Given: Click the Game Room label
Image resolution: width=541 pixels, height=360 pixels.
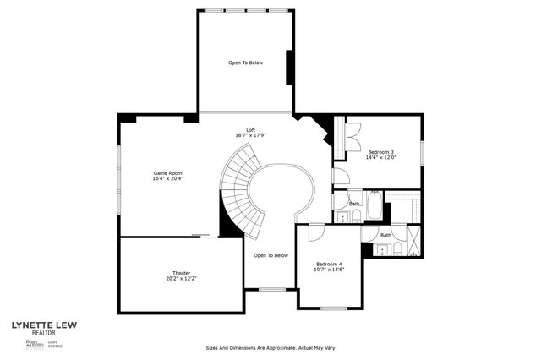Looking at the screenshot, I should [167, 172].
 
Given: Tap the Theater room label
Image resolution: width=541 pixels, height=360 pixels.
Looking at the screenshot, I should [181, 273].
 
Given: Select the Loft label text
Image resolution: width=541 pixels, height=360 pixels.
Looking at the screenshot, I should [250, 130].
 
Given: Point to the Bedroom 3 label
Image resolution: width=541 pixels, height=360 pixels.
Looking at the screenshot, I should [380, 152].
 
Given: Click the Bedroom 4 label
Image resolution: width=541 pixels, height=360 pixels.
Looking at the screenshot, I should [329, 264].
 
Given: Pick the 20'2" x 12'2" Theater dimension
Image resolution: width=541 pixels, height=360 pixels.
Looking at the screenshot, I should [181, 278].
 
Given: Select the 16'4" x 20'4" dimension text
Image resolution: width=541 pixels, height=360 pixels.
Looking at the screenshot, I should [167, 178].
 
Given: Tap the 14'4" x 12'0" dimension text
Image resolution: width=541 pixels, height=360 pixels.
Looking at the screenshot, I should [380, 158].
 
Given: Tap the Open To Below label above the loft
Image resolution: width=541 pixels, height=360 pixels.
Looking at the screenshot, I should [245, 63].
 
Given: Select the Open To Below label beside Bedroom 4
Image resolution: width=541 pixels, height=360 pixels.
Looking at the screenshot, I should [270, 255].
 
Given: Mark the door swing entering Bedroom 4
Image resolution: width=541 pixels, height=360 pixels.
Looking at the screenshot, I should [315, 233].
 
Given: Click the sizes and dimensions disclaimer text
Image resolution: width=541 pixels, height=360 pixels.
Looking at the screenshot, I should [270, 346].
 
